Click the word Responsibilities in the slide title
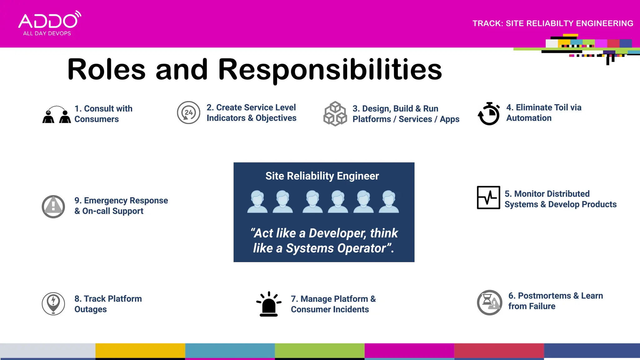[x=330, y=69]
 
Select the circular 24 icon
[x=188, y=112]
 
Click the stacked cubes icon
[x=335, y=114]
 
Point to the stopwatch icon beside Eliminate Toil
[x=489, y=114]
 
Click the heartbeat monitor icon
[x=488, y=197]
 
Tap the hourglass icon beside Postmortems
[x=489, y=302]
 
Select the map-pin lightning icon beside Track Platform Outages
[x=53, y=303]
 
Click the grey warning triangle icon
[x=53, y=207]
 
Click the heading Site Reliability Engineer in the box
[x=322, y=176]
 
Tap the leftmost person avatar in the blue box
[x=257, y=202]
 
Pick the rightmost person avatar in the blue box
[x=389, y=202]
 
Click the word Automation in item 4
[x=529, y=118]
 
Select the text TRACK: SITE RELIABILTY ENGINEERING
[x=552, y=23]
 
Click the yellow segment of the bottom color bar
[x=140, y=351]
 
